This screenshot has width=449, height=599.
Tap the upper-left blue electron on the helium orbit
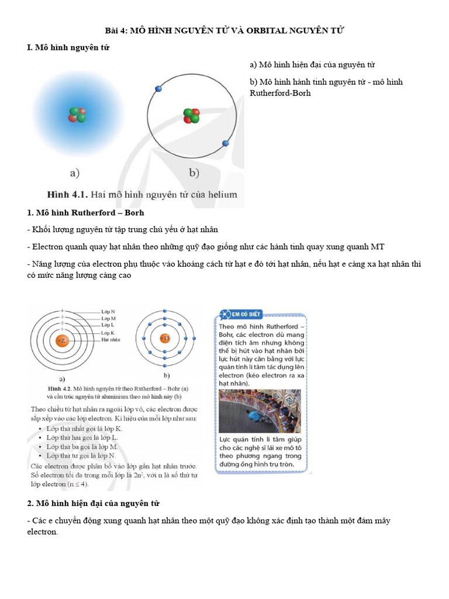[158, 88]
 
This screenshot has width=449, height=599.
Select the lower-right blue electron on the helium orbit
[226, 142]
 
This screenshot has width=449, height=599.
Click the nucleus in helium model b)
[191, 115]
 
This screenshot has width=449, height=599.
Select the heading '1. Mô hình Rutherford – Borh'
[85, 212]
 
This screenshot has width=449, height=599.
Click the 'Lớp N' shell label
[108, 311]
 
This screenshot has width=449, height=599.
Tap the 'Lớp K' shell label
[108, 332]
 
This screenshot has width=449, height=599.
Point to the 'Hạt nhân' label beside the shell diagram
[111, 339]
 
